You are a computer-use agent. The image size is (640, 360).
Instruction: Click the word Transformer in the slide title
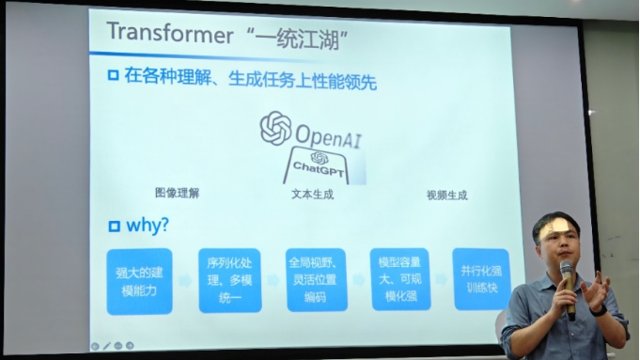[170, 33]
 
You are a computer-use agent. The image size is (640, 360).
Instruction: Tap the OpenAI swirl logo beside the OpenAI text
[276, 128]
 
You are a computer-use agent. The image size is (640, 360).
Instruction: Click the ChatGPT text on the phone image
[319, 167]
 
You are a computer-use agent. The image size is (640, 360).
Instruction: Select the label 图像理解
[177, 193]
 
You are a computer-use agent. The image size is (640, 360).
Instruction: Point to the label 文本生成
[312, 195]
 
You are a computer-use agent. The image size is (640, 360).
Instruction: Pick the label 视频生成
[447, 196]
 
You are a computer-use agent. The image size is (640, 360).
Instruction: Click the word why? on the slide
[148, 225]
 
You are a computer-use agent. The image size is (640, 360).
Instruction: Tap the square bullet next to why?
[115, 227]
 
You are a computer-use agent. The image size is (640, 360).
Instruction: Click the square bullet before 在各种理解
[113, 75]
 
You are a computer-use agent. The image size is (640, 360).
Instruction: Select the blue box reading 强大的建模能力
[140, 282]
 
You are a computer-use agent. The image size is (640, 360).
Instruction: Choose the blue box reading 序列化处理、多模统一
[230, 280]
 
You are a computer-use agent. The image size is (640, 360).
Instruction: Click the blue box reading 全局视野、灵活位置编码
[317, 279]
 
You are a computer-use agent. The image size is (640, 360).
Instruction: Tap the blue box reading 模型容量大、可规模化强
[400, 279]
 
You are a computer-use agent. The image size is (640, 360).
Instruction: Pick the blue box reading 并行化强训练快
[481, 279]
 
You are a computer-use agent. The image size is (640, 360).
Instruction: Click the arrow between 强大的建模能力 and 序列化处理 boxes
[186, 281]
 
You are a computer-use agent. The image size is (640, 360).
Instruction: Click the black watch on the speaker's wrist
[600, 311]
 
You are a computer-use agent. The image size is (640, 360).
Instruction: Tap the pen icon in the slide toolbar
[106, 346]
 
